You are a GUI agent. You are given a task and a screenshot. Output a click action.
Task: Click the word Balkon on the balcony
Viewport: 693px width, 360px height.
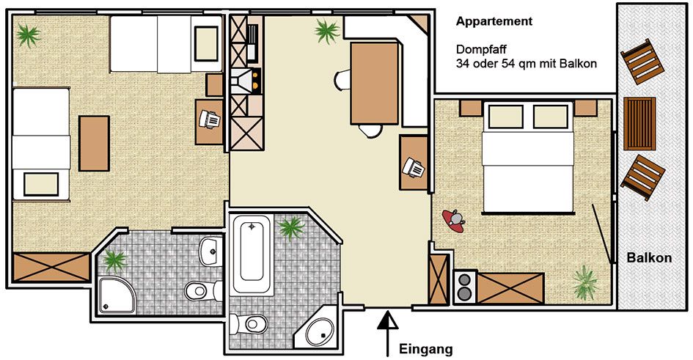[649, 258]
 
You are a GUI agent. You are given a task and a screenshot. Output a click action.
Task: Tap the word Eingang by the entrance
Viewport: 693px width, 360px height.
[426, 350]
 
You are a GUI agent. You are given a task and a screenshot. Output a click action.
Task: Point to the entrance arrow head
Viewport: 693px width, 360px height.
[388, 320]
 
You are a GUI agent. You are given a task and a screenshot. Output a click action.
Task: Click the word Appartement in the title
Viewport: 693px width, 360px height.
[494, 21]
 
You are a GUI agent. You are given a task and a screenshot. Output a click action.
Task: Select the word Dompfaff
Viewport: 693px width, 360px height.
[481, 49]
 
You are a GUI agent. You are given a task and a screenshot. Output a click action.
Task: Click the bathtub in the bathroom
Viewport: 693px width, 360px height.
[252, 255]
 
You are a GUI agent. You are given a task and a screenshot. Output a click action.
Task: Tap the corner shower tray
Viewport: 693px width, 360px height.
[117, 295]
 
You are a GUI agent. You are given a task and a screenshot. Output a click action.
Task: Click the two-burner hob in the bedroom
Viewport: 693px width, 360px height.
[465, 287]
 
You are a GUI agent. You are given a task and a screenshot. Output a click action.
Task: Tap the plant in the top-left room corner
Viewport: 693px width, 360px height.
[29, 34]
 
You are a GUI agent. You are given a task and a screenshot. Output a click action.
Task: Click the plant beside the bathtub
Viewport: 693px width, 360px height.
[291, 228]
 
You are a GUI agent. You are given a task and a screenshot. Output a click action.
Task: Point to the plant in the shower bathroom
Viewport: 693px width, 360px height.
[115, 260]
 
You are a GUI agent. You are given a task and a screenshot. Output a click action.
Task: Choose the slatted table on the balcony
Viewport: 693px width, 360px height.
[639, 124]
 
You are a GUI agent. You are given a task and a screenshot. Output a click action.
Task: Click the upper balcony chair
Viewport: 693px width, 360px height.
[642, 62]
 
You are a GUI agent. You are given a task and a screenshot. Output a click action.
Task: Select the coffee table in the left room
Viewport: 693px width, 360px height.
[94, 144]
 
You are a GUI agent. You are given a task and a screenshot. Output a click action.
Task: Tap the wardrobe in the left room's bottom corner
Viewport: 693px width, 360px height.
[52, 267]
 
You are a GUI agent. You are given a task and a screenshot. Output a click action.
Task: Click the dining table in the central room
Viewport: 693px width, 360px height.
[375, 84]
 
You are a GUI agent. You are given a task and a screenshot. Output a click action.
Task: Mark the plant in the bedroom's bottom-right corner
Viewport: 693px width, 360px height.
[586, 282]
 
